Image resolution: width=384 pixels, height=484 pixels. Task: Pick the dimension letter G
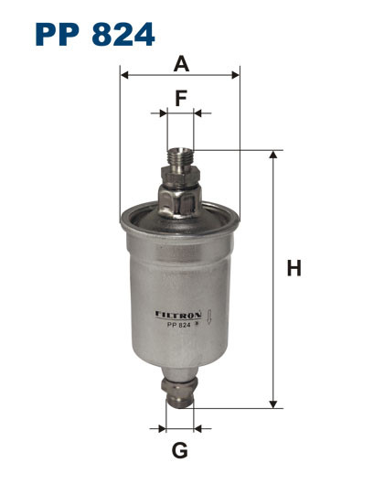[180, 450]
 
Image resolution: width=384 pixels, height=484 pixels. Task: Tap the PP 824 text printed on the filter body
[173, 325]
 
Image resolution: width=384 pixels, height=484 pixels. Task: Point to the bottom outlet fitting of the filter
[180, 392]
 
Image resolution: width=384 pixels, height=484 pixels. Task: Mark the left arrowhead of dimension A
[124, 77]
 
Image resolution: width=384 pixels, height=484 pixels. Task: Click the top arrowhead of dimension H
[272, 155]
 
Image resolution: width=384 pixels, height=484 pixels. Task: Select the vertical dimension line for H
[272, 274]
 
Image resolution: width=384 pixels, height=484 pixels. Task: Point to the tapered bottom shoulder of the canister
[180, 365]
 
